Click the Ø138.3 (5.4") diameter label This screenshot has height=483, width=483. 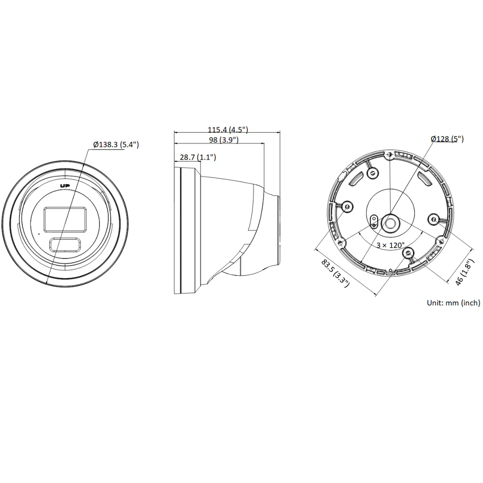pos(116,144)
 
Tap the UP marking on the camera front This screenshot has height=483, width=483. pos(64,186)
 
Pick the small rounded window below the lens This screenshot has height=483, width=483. pos(64,244)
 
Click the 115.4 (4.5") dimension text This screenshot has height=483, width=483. pos(227,129)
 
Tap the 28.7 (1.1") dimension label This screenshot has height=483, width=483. pos(197,157)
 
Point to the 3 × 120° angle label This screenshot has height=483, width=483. pos(390,245)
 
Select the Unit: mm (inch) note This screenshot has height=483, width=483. pos(453,303)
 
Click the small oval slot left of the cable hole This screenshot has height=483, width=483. pos(373,221)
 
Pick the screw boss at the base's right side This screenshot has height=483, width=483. pos(434,219)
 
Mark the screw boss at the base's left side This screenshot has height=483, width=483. pos(346,206)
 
